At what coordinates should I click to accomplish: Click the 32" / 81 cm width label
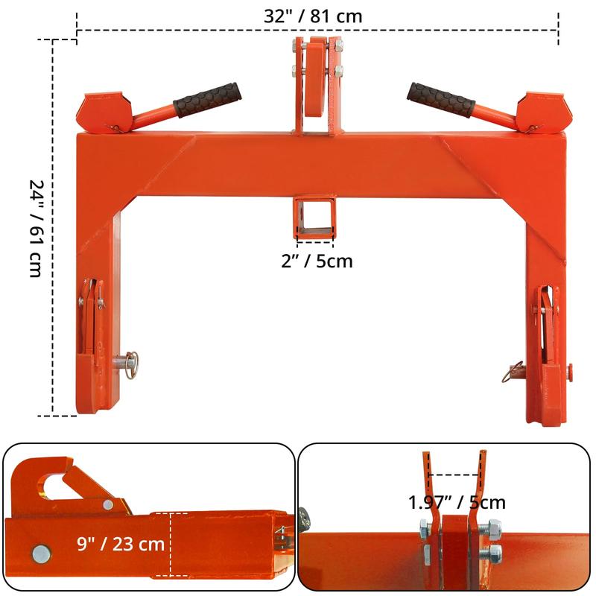point(313,16)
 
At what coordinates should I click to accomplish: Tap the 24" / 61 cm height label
point(37,229)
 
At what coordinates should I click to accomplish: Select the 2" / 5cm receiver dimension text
point(317,261)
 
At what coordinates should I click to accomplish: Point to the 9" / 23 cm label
point(121,544)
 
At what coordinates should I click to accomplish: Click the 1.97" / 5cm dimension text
point(457,502)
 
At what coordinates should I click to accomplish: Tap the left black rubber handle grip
point(207,100)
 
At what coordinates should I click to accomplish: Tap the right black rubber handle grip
point(441,100)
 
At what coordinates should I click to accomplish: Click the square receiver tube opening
point(314,216)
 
